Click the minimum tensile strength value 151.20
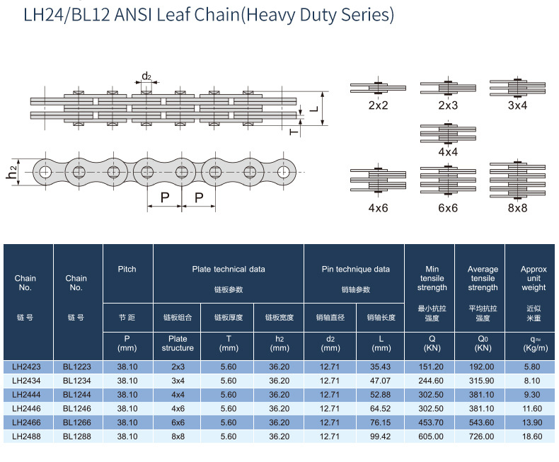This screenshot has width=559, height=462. coord(431,366)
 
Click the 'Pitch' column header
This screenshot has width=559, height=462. coord(127,270)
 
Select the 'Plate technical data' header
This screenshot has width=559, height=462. coord(229,270)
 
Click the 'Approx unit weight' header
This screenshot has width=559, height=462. coord(534,278)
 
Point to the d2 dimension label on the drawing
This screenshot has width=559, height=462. coord(146,76)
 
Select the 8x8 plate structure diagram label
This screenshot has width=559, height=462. coord(517,208)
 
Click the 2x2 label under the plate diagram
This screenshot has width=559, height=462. coord(378,105)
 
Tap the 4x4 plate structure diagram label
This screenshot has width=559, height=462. coord(448,152)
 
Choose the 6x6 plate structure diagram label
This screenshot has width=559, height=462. coord(448,208)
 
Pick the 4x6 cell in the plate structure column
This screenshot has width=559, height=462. coord(178,408)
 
